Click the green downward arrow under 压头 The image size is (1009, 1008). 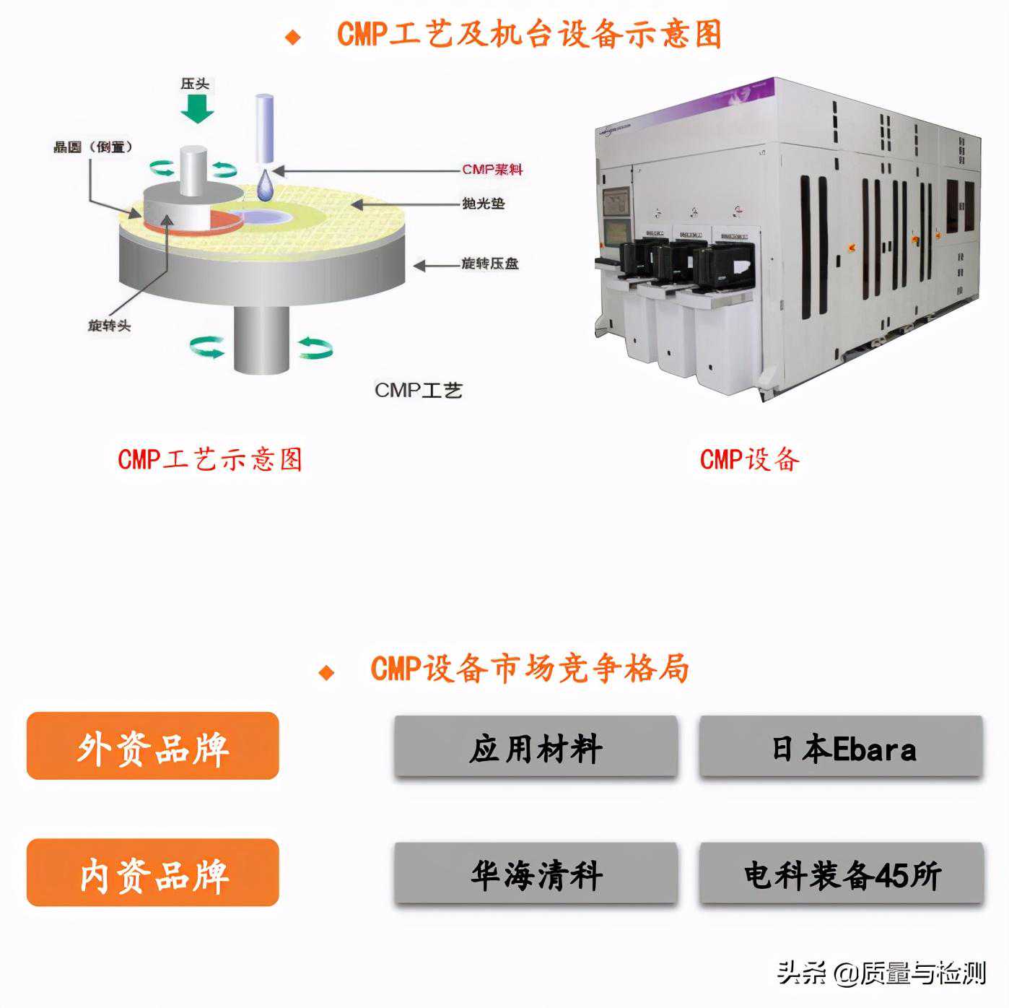click(x=196, y=108)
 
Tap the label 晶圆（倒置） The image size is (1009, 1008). click(x=93, y=147)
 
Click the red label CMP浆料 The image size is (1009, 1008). click(x=492, y=170)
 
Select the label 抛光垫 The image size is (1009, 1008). click(x=483, y=204)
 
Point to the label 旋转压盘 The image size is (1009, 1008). click(x=489, y=264)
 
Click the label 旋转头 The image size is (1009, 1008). click(x=110, y=326)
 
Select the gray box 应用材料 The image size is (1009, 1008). click(x=536, y=747)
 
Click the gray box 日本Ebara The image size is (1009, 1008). click(x=841, y=747)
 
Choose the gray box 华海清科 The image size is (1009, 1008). click(x=536, y=874)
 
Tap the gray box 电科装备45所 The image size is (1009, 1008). click(x=841, y=874)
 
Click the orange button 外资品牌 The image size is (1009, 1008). click(x=153, y=747)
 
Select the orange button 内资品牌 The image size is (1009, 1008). click(x=153, y=873)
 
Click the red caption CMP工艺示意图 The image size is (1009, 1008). click(x=210, y=459)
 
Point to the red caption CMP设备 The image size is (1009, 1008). click(x=749, y=459)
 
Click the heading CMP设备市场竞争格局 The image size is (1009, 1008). click(x=529, y=669)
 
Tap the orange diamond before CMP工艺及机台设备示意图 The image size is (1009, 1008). click(x=293, y=37)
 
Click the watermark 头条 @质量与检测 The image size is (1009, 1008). click(x=881, y=973)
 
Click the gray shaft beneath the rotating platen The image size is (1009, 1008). click(x=261, y=339)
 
